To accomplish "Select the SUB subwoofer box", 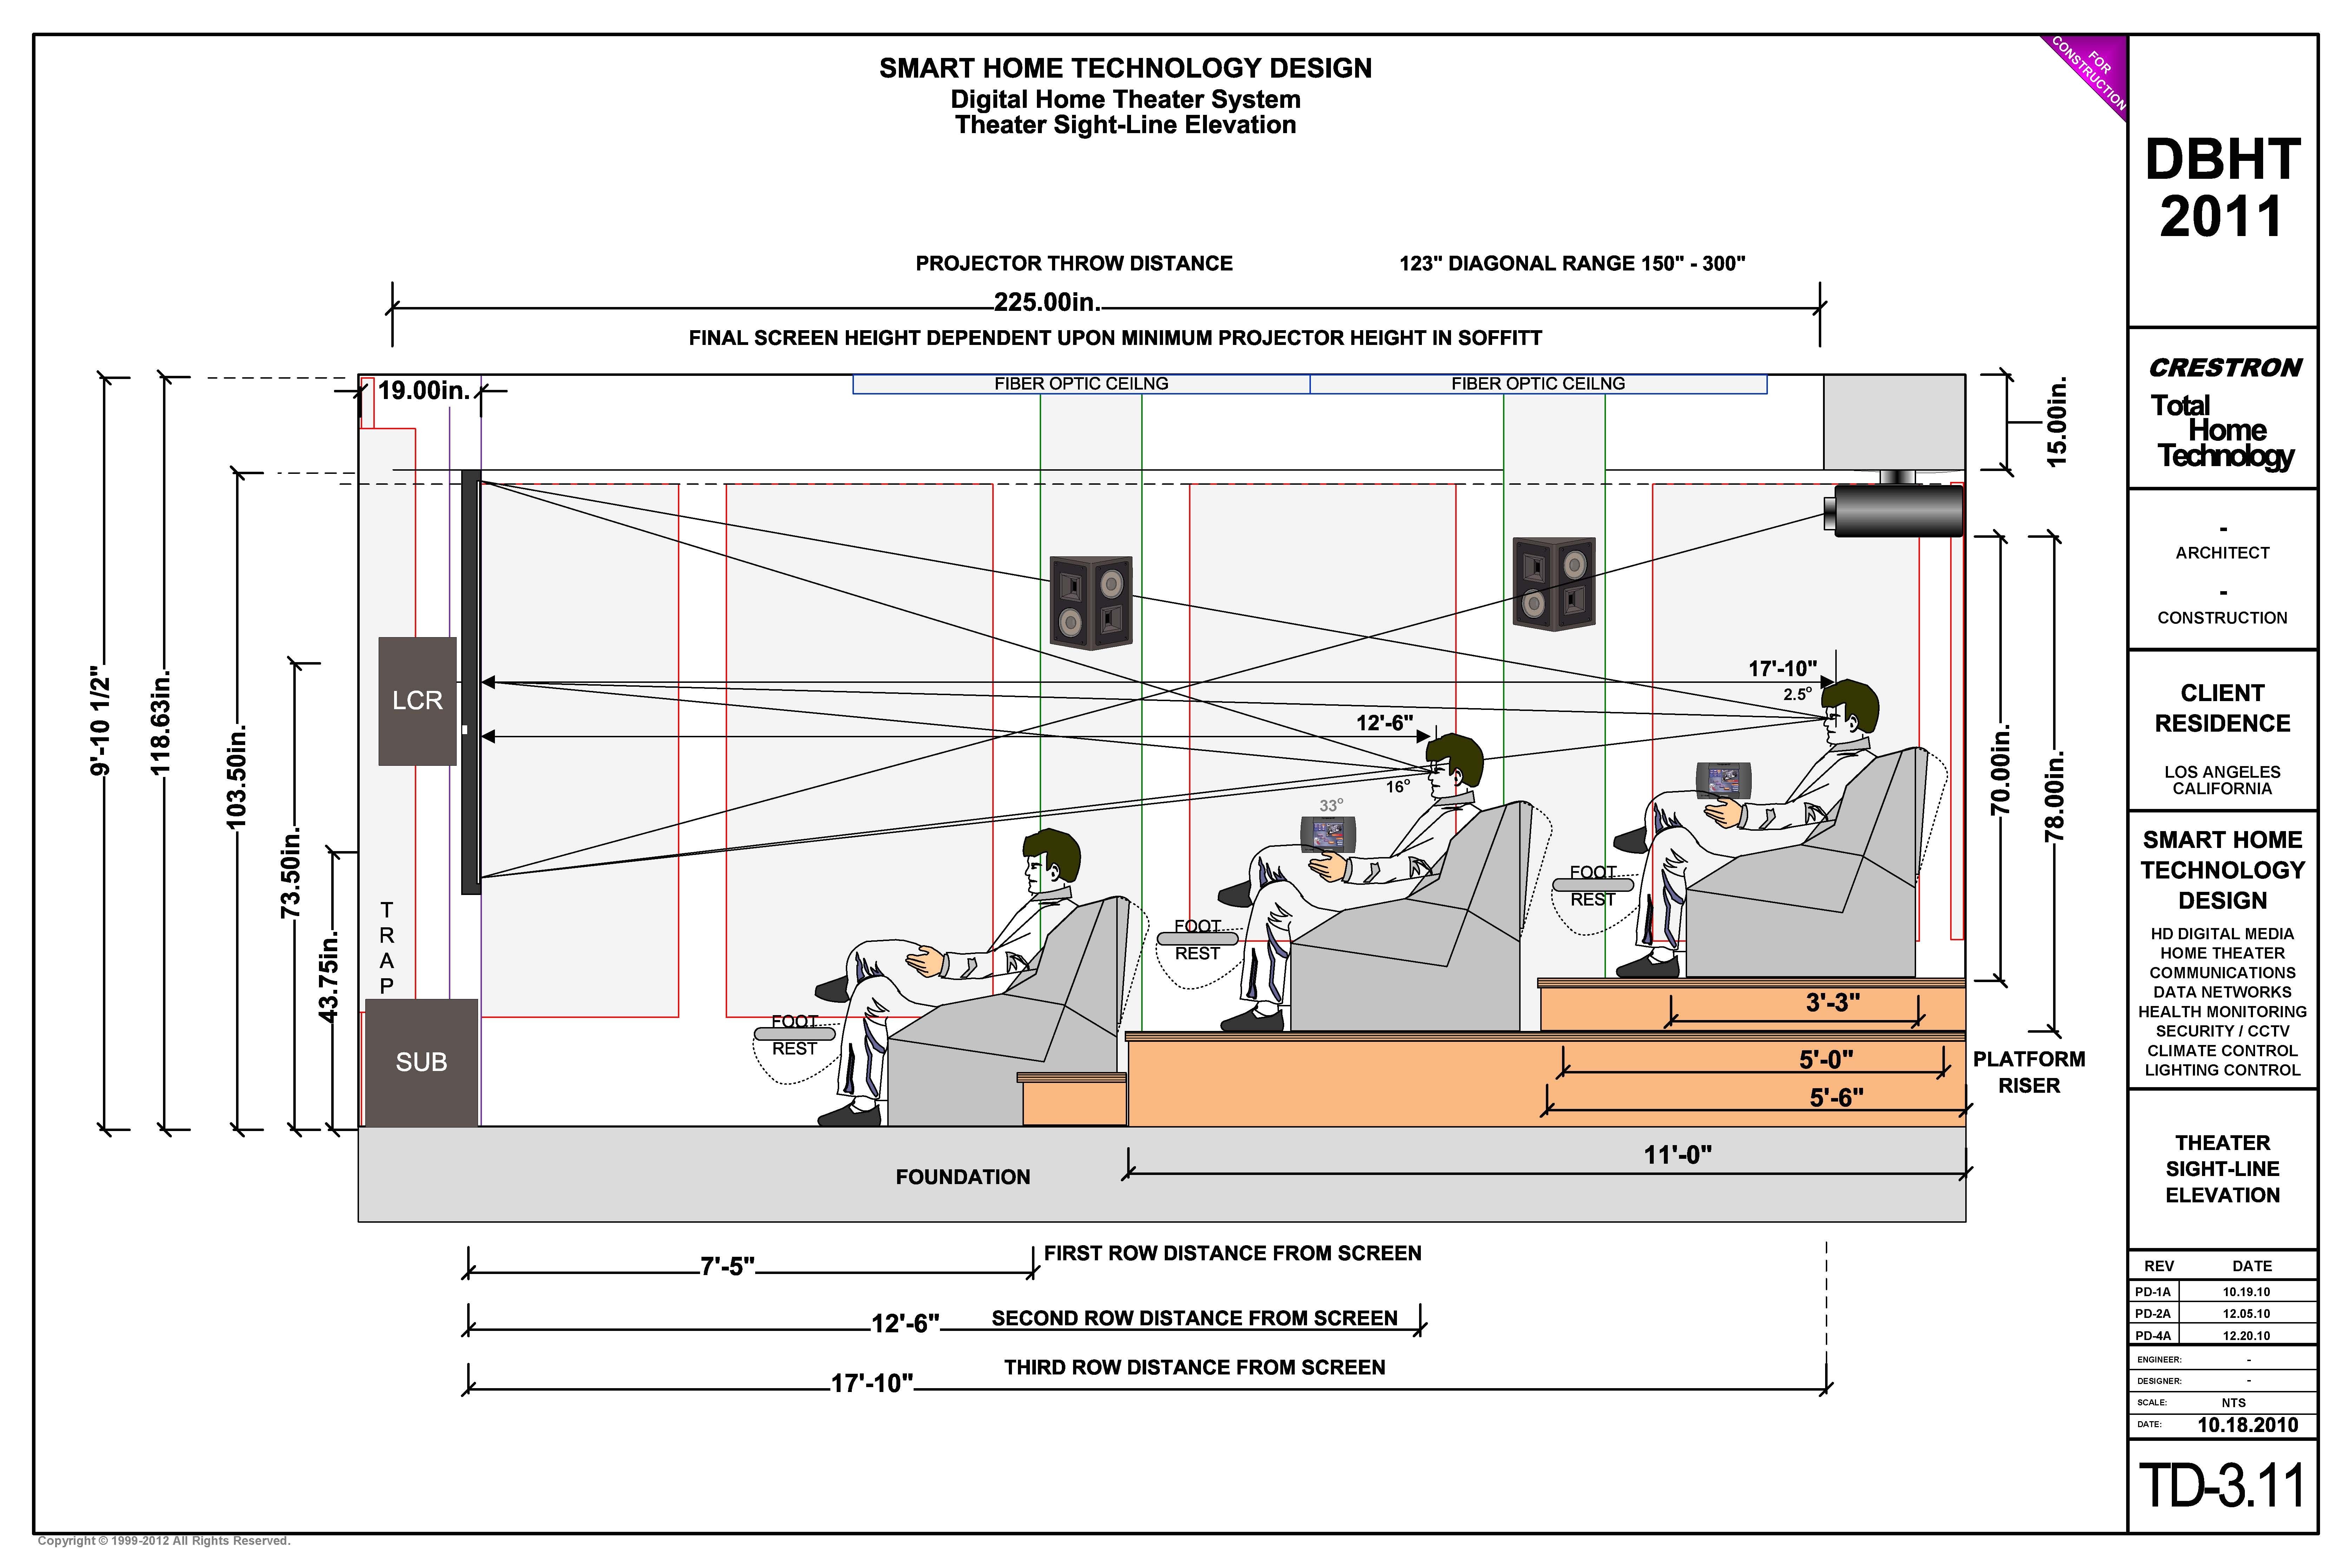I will click(x=421, y=1062).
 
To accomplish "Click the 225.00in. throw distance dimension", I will click(x=1046, y=302).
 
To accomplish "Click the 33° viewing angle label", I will click(x=1331, y=805).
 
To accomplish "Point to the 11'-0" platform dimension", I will click(x=1677, y=1155).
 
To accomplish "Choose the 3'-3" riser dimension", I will click(x=1832, y=1002).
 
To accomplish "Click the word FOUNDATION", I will click(x=962, y=1177).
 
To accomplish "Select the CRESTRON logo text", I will click(x=2225, y=368).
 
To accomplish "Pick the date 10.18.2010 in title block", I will click(x=2247, y=1425).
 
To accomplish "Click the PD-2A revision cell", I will click(x=2153, y=1313).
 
